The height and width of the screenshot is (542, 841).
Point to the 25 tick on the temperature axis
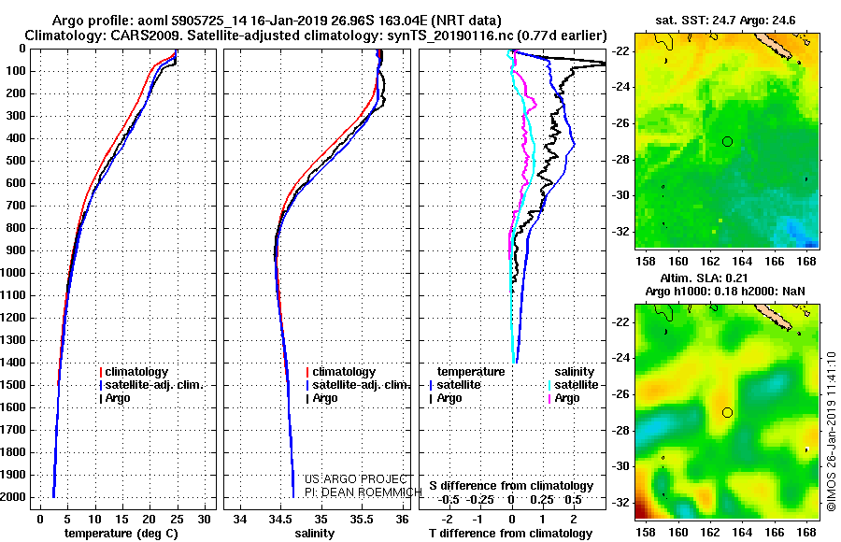click(177, 520)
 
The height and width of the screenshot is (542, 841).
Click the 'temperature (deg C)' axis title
click(121, 534)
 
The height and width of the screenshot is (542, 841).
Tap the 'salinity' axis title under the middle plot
click(314, 534)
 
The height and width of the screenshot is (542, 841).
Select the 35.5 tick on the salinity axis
click(362, 520)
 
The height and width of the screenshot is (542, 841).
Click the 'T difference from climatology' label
click(510, 534)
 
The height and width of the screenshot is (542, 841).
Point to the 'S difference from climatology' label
click(511, 486)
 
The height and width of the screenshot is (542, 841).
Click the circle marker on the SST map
click(727, 142)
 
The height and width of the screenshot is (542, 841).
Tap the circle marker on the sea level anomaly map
click(727, 413)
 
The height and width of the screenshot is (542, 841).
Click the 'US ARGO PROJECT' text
click(356, 479)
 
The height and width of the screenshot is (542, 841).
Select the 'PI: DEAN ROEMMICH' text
click(363, 492)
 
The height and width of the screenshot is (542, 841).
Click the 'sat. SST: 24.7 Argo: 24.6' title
click(725, 21)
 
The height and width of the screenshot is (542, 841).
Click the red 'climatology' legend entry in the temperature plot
click(134, 372)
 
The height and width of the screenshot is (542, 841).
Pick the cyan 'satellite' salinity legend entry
click(574, 385)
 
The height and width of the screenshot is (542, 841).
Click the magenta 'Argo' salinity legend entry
click(563, 398)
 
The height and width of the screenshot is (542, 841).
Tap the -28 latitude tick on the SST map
click(620, 160)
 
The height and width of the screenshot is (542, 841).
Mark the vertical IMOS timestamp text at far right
click(831, 432)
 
